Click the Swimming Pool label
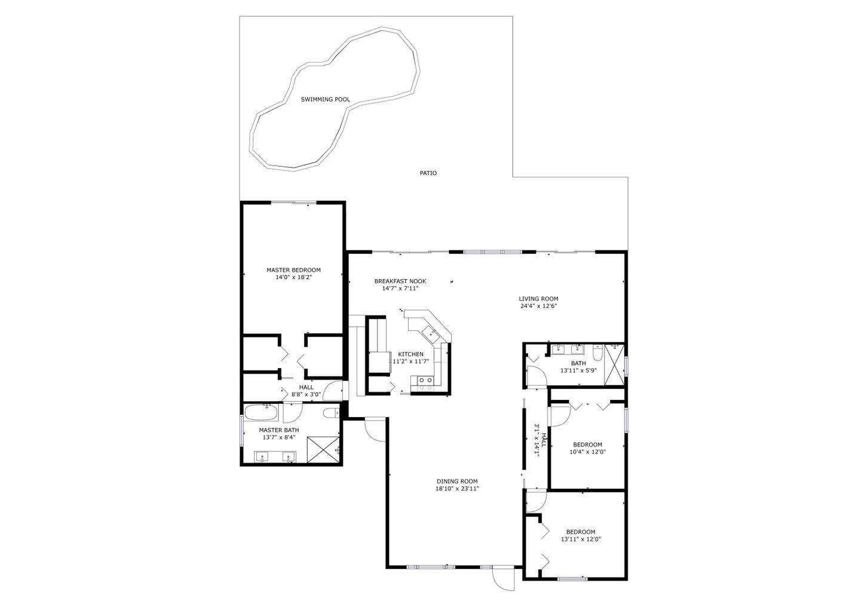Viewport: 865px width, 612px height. (x=326, y=99)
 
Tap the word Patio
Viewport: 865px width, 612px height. (x=428, y=173)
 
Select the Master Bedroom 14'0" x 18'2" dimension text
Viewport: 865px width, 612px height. (x=293, y=277)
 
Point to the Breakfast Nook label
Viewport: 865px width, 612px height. (x=400, y=281)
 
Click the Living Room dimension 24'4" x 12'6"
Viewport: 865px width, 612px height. (x=538, y=306)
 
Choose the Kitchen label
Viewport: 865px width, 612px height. (x=411, y=354)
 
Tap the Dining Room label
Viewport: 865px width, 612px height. (x=457, y=481)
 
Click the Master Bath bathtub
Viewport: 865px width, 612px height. (x=261, y=413)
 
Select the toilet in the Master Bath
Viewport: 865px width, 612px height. (x=331, y=413)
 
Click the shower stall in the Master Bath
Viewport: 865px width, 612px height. (x=323, y=449)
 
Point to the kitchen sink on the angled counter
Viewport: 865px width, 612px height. (x=430, y=333)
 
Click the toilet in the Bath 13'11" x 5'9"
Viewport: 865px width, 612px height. (x=597, y=352)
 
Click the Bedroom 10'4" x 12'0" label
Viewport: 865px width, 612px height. (x=587, y=448)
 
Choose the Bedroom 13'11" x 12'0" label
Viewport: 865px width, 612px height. (x=581, y=535)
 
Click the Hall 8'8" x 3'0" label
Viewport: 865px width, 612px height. (x=306, y=391)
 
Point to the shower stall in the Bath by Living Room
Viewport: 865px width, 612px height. (x=614, y=365)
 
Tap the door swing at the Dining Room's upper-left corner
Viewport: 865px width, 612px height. (x=375, y=429)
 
